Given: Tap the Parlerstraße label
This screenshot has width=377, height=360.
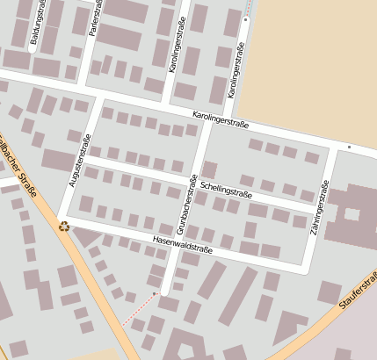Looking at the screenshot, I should (x=94, y=18).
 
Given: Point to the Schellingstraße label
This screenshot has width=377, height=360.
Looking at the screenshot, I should (x=226, y=188).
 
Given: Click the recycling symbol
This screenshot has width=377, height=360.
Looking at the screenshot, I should (x=63, y=225).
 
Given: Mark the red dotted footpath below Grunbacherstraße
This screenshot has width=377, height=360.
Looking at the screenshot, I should (x=141, y=308).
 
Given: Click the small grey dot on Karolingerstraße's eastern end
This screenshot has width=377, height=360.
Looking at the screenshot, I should (x=349, y=146).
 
